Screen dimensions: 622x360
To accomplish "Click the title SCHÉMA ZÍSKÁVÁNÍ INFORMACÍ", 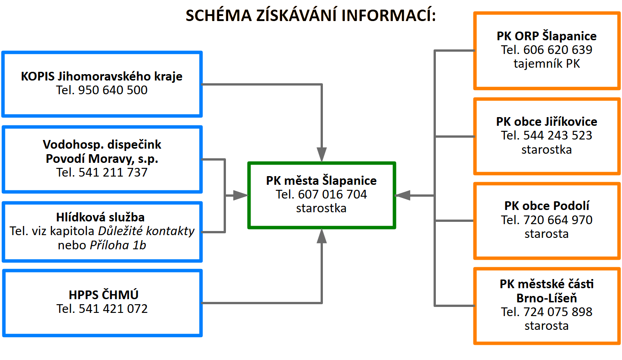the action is tap(311, 16).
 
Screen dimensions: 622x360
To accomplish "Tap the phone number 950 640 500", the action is tap(113, 90).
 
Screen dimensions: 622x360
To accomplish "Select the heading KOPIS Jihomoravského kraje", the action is tap(102, 76).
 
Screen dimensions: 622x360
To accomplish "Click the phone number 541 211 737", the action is tap(113, 172).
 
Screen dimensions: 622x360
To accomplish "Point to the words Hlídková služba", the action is tap(100, 217).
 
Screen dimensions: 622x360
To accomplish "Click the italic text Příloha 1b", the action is tap(118, 245).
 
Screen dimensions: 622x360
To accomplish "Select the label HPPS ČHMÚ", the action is tap(103, 295).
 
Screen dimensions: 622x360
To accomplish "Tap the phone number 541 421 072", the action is tap(113, 309).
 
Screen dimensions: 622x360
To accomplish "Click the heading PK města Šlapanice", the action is tap(321, 181).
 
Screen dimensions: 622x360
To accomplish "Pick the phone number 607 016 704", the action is tap(332, 194).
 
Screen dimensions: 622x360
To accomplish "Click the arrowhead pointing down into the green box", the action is tap(322, 155).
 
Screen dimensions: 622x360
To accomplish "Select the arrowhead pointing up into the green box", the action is tap(322, 236).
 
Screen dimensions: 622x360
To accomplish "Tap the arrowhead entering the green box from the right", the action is tap(402, 196).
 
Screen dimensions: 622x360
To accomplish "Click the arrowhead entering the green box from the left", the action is tap(241, 196).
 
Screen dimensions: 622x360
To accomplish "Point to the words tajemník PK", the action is tap(547, 64).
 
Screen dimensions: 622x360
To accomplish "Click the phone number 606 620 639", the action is tap(558, 50).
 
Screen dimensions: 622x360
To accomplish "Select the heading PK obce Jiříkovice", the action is tap(547, 122).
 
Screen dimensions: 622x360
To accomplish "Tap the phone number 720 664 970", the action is tap(558, 220).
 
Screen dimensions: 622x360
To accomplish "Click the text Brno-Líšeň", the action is tap(547, 298).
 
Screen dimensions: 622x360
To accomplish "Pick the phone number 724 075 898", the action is tap(558, 312).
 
